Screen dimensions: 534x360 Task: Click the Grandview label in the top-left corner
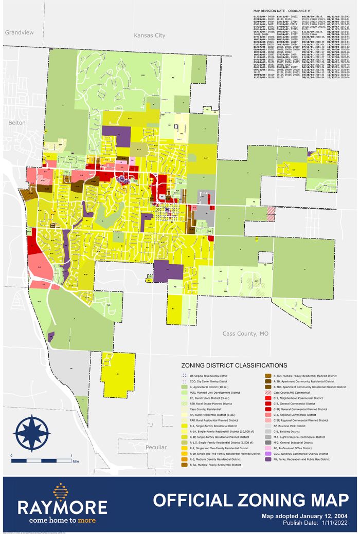pos(19,32)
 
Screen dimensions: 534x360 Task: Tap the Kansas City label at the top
pos(149,35)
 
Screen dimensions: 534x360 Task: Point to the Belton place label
pos(16,123)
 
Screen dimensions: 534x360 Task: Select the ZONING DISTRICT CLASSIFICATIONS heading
pos(229,365)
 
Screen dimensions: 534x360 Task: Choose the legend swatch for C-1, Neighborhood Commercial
pos(268,397)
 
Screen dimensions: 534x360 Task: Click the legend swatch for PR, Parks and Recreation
pos(268,459)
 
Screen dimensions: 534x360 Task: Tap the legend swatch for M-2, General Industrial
pos(268,441)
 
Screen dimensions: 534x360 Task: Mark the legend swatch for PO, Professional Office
pos(268,448)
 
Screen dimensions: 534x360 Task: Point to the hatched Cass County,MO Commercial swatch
pos(268,392)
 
